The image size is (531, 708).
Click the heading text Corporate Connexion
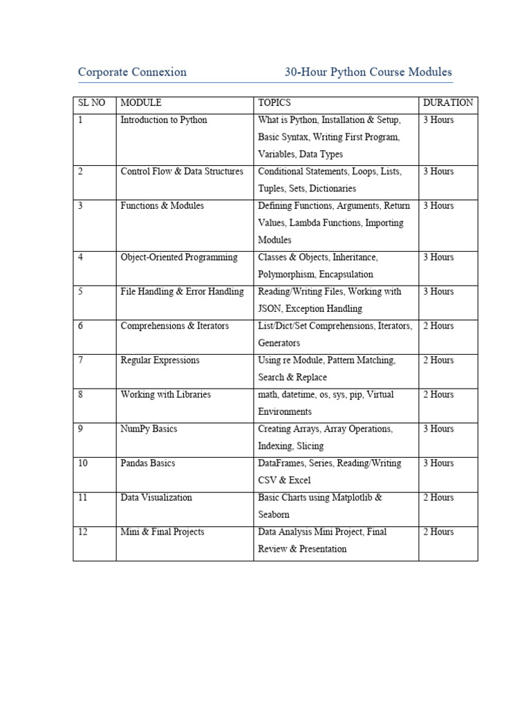(132, 72)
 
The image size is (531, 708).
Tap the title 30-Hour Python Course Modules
(368, 72)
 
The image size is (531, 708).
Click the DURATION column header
(448, 103)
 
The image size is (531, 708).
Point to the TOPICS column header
(274, 103)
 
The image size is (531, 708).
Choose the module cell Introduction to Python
(164, 120)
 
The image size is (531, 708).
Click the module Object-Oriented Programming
(179, 257)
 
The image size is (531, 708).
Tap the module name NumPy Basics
(149, 429)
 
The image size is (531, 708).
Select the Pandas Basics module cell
(148, 463)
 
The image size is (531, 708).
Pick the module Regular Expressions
(160, 360)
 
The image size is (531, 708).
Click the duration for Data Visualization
(438, 498)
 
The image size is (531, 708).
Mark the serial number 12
(83, 532)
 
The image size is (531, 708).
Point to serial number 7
(81, 360)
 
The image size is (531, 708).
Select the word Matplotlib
(351, 498)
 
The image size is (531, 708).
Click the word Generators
(279, 343)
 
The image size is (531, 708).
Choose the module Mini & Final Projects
(162, 532)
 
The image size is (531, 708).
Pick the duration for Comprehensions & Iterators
(438, 326)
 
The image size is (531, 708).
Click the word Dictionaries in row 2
(333, 189)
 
